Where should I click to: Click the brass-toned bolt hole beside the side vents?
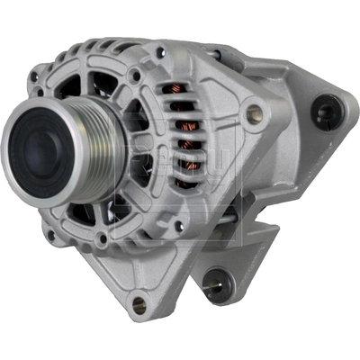(x=255, y=114)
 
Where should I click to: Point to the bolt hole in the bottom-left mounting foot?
(x=138, y=304)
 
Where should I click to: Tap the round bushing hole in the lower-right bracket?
(x=213, y=286)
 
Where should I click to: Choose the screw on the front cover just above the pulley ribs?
(x=135, y=76)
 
